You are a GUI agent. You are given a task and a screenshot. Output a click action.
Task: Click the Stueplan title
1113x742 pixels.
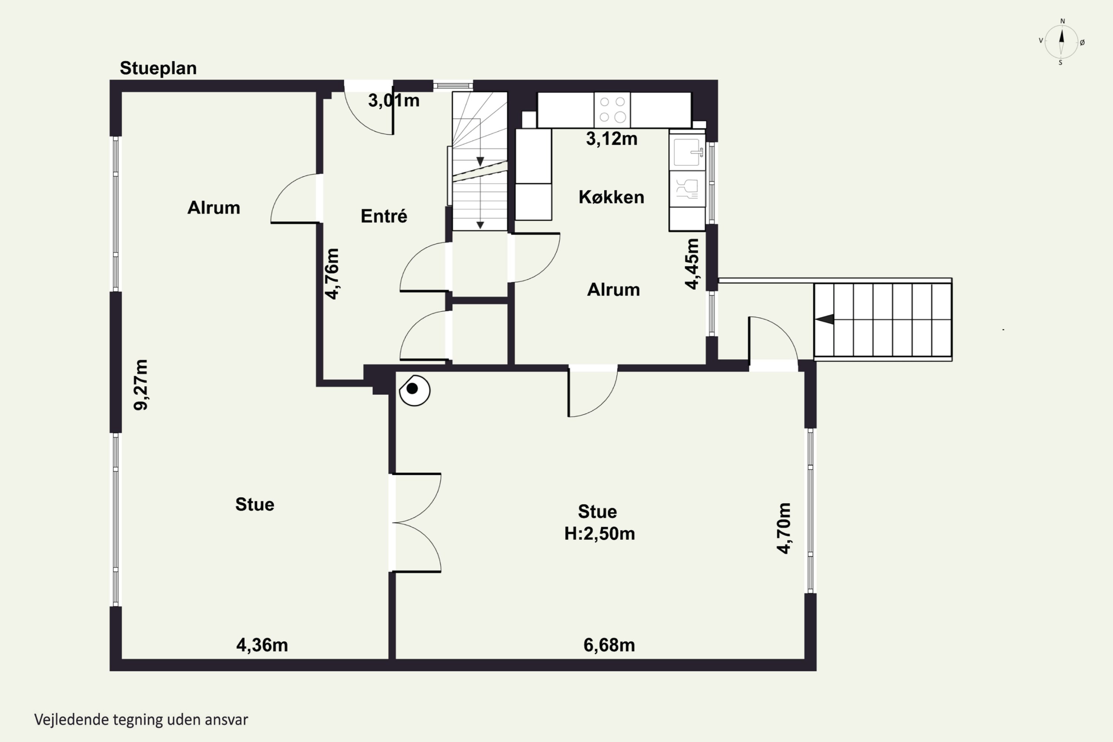click(158, 68)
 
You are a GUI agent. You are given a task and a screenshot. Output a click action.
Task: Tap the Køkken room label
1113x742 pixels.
click(611, 197)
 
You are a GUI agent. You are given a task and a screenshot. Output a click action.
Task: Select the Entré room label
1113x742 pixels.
click(384, 216)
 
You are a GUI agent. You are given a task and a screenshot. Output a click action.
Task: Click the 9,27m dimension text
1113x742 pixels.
click(141, 385)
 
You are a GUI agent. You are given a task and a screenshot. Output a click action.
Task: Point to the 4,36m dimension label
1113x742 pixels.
click(262, 645)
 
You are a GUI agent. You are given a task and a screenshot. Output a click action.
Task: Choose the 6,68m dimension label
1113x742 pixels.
click(609, 645)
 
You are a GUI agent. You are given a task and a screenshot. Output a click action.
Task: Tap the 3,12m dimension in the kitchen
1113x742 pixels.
click(611, 139)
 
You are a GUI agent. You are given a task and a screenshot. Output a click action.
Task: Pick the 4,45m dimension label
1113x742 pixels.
click(692, 263)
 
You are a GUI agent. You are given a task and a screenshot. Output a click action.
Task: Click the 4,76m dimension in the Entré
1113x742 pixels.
click(332, 274)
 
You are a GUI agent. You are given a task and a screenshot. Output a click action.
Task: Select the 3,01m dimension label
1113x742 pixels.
click(394, 100)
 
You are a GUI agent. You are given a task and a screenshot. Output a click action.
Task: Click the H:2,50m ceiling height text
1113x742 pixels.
click(600, 534)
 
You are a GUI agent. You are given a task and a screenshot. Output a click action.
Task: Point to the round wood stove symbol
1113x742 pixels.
click(414, 390)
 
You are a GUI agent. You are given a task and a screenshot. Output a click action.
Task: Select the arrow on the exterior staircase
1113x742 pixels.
click(824, 320)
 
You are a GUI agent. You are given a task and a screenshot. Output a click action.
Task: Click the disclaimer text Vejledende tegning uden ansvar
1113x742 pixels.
click(141, 720)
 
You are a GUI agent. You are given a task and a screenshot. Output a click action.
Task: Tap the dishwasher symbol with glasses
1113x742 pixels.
click(687, 188)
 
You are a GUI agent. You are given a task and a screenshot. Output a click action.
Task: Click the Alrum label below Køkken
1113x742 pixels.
click(613, 289)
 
